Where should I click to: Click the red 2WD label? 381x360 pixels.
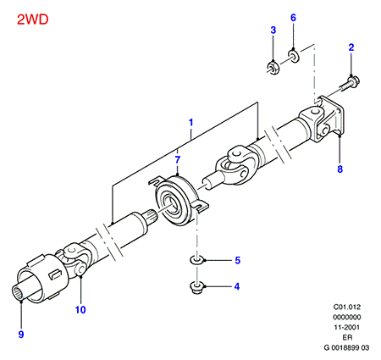click(33, 19)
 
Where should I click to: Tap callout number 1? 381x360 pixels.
click(191, 122)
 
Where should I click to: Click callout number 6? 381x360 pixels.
click(294, 18)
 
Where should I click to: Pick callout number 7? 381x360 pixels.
click(178, 160)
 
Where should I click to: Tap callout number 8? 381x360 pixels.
click(340, 169)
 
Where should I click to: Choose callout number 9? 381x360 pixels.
click(21, 335)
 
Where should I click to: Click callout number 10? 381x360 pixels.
click(80, 310)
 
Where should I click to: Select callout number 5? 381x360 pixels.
click(238, 260)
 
